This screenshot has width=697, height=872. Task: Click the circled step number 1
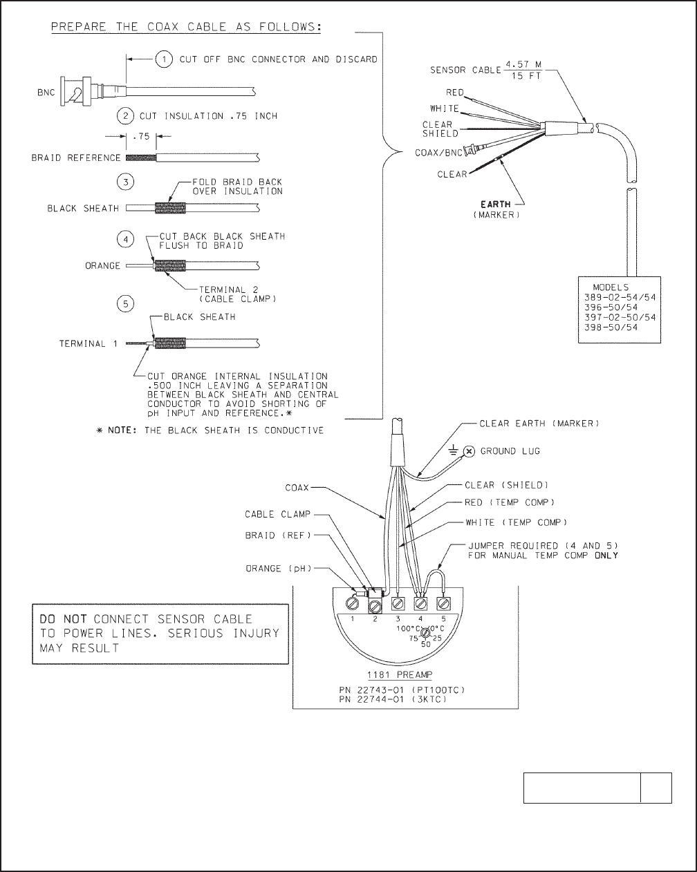click(163, 59)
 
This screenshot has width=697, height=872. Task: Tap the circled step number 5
click(125, 303)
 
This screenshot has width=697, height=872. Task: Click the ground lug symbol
click(468, 451)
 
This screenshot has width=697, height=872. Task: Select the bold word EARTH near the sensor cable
click(496, 204)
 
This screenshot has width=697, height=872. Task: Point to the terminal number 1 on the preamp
click(352, 619)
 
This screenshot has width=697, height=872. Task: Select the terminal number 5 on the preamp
click(443, 618)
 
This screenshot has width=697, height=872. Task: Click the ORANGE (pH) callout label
click(279, 569)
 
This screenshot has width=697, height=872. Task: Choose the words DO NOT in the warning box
click(63, 619)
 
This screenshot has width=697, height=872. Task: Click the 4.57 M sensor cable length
click(523, 64)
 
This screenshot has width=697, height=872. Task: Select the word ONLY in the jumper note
click(606, 556)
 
